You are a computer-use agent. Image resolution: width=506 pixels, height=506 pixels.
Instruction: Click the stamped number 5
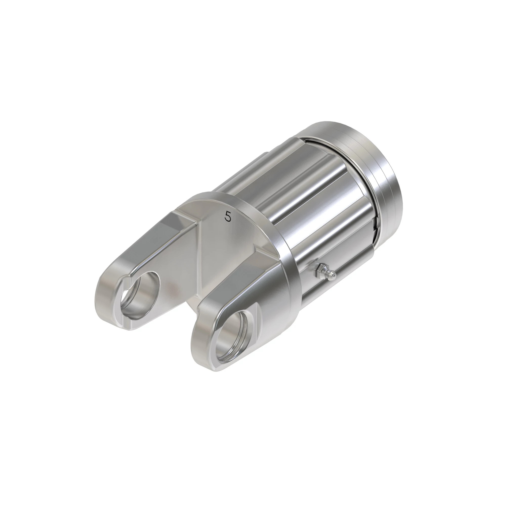(x=228, y=216)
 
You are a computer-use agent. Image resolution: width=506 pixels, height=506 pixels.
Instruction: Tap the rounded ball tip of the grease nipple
(x=333, y=275)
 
